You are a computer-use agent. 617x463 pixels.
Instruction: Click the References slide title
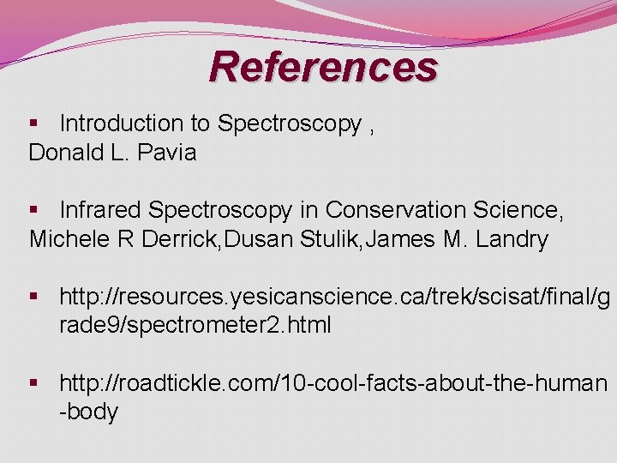coord(323,66)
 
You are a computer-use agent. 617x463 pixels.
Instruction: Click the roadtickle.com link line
coord(332,382)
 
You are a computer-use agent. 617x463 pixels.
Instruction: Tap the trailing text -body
coord(88,412)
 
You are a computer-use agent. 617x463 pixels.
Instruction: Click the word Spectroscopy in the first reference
coord(290,124)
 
